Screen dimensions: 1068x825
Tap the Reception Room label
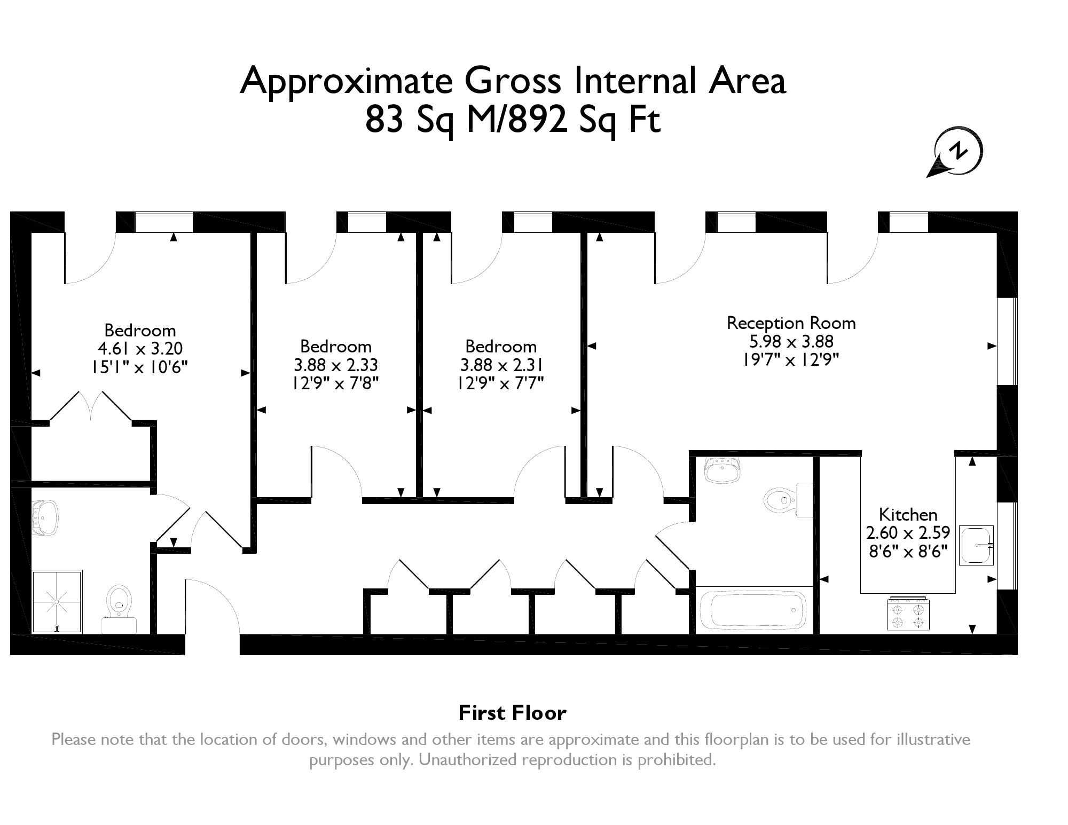click(791, 323)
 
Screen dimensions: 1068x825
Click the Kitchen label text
click(908, 515)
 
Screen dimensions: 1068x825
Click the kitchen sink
click(977, 545)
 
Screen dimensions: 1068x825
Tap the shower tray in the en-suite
click(57, 601)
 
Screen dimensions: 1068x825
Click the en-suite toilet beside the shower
click(120, 608)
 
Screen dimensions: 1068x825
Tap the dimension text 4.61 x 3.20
click(140, 349)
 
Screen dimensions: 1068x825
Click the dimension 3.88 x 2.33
click(335, 365)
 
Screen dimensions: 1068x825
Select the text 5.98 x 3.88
click(791, 341)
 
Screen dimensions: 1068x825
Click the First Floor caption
click(512, 713)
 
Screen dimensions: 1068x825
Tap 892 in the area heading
click(530, 120)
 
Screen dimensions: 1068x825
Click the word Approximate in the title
click(346, 81)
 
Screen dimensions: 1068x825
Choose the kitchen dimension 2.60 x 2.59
click(908, 533)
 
